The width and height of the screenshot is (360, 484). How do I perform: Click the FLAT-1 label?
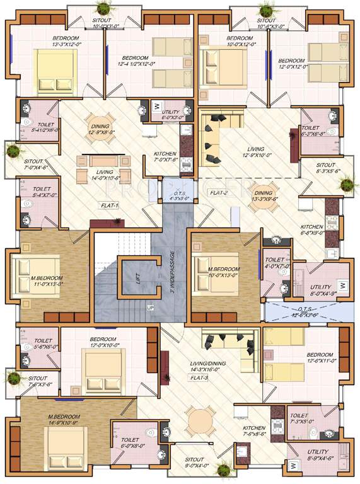[110, 205]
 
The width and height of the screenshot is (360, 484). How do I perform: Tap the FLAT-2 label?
[219, 192]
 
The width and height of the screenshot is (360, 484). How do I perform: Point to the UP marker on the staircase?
[150, 308]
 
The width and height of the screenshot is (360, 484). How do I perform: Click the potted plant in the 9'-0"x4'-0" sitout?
[223, 470]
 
